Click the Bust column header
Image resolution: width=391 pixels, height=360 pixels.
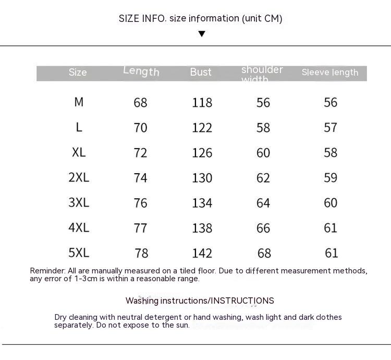point(201,72)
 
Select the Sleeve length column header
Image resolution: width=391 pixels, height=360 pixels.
point(330,73)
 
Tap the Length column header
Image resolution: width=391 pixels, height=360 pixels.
point(141,71)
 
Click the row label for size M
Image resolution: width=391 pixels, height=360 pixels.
point(79,102)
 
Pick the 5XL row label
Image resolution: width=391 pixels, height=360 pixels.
point(79,253)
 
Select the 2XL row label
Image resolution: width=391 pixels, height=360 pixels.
point(79,177)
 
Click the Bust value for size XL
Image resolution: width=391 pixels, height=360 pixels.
point(202,153)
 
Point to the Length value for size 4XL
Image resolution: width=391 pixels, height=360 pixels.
point(140,228)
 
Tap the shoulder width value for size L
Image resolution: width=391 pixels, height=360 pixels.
point(263,128)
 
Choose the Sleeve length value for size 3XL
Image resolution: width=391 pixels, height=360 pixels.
point(331,203)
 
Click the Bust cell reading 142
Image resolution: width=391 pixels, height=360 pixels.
point(202,253)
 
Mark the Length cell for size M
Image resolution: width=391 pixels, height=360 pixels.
point(140,103)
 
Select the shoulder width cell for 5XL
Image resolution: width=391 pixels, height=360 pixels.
point(264,253)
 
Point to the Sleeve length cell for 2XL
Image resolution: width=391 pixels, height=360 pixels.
point(331,178)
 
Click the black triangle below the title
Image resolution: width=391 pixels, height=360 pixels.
point(202,34)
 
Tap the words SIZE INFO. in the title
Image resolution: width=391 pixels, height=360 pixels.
point(142,19)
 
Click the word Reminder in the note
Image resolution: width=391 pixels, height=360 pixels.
point(47,271)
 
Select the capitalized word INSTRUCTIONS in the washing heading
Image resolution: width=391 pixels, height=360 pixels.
point(242,301)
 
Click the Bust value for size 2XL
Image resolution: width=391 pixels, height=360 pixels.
point(202,178)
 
